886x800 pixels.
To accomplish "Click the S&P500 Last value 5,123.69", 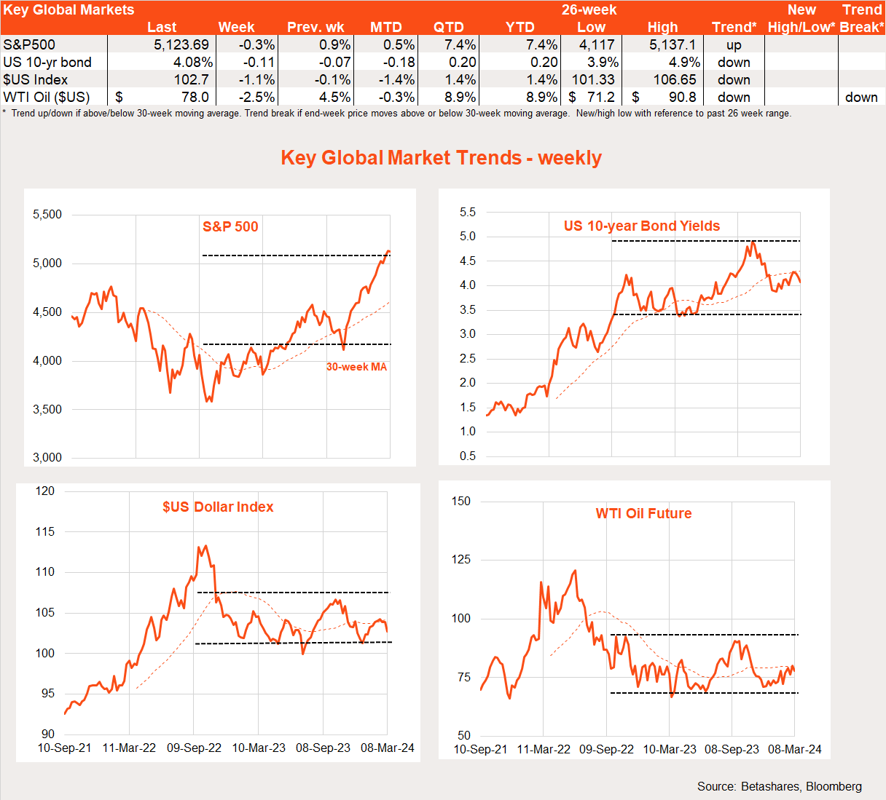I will click(181, 44).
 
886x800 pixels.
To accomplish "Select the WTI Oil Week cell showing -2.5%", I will click(256, 97).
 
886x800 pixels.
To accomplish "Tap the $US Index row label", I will click(36, 79).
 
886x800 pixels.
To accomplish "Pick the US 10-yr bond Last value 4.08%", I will click(193, 62).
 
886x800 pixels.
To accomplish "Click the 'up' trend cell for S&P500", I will click(734, 44).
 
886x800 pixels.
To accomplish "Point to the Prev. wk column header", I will click(315, 27).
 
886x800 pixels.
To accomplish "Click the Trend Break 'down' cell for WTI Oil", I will click(861, 97).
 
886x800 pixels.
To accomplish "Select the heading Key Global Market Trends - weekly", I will click(442, 158).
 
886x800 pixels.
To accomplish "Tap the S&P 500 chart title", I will click(230, 226).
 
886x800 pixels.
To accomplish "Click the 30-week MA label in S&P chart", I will click(356, 367).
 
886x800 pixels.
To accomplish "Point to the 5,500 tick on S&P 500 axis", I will click(47, 214).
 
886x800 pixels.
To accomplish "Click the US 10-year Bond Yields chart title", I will click(642, 226).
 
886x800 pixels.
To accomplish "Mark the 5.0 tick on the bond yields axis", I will click(468, 236).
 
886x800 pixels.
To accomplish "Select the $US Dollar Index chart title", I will click(218, 507).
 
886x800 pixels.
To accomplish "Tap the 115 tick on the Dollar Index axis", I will click(45, 531).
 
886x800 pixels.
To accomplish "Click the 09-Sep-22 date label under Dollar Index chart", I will click(194, 748).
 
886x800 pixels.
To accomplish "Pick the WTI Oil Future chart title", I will click(643, 513).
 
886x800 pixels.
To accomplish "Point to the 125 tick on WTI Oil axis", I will click(461, 559).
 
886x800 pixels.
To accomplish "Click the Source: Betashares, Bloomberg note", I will click(779, 786).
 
